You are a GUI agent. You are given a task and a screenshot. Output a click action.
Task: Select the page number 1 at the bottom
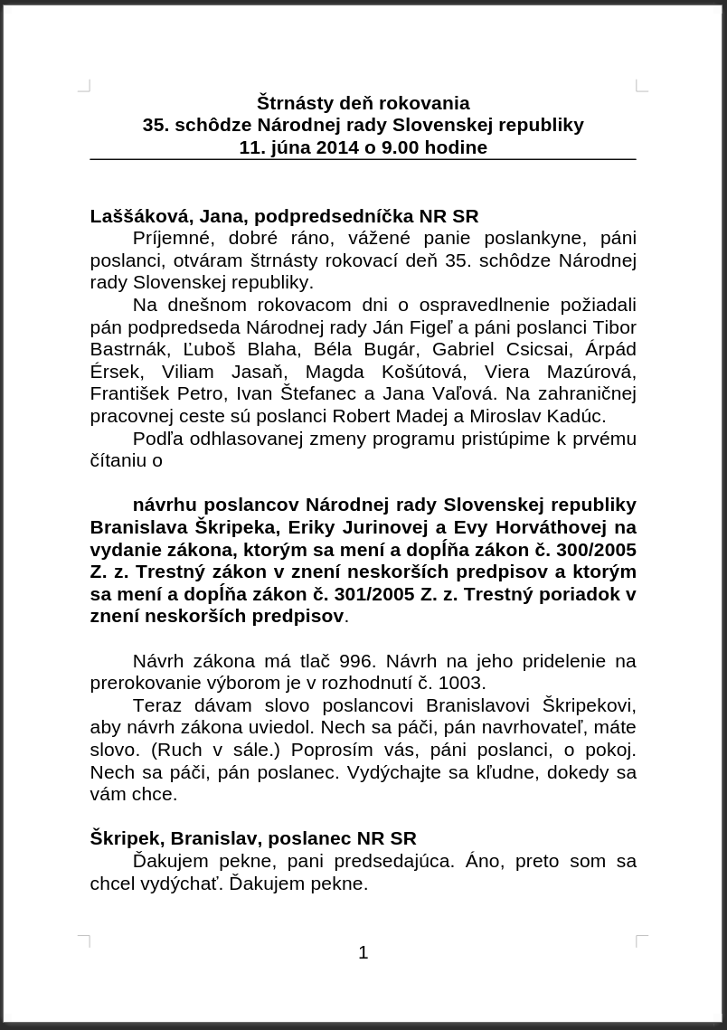point(363,952)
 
